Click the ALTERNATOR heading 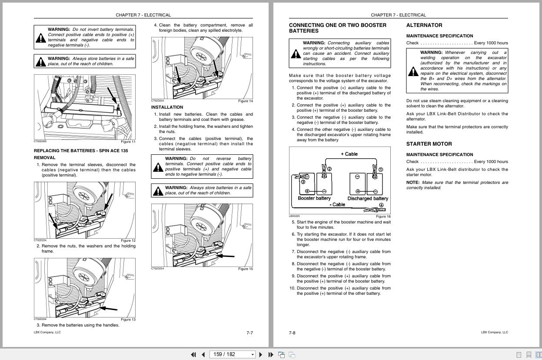coord(424,25)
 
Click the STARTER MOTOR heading coord(429,144)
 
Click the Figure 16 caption coord(383,217)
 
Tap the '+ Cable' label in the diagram coord(349,154)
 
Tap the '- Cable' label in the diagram coord(337,204)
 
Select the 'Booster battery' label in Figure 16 coord(314,198)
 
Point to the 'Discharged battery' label coord(368,198)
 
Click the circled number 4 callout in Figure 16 coord(381,205)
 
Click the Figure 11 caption coord(128,142)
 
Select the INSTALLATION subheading coord(167,107)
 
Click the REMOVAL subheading coord(44,158)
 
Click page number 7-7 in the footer coord(249,333)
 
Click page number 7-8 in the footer coord(292,333)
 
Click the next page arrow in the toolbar coord(260,354)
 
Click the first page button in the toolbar coord(193,354)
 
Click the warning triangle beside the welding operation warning coord(413,71)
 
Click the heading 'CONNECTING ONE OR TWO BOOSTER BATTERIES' coord(337,28)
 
